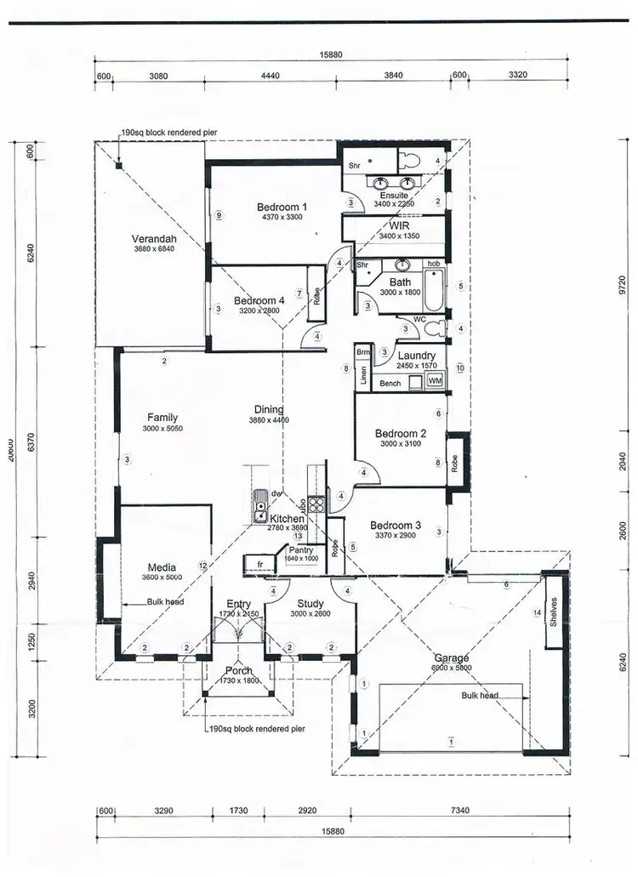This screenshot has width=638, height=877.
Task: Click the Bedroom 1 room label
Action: [x=282, y=207]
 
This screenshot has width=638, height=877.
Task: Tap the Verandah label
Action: [x=153, y=238]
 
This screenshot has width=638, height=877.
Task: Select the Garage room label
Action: [x=451, y=658]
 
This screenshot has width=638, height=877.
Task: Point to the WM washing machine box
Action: [x=435, y=380]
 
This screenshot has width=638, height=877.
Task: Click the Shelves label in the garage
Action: [x=553, y=612]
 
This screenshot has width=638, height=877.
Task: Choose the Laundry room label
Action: [x=416, y=356]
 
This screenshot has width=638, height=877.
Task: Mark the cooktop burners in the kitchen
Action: [x=316, y=504]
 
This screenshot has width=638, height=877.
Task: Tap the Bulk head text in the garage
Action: [x=480, y=695]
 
